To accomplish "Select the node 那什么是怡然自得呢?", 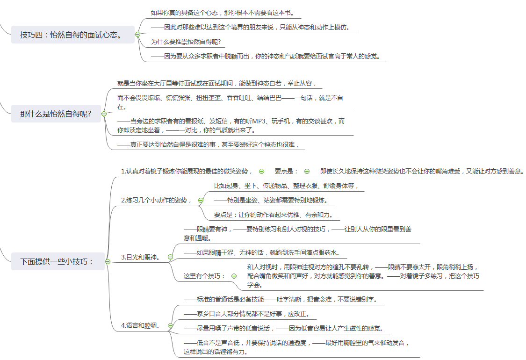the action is (x=56, y=114).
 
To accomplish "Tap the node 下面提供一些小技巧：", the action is (x=58, y=261).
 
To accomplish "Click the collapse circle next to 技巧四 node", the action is (x=137, y=34).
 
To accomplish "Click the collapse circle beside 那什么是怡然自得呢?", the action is (x=104, y=114).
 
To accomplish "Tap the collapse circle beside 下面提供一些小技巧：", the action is (x=108, y=261).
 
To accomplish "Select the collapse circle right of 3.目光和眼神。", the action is (x=170, y=257).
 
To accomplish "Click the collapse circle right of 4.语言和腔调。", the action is (x=170, y=325).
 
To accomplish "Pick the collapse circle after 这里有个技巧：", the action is (x=234, y=276).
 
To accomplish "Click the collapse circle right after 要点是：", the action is (x=307, y=171).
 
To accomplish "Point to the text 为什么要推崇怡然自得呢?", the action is (x=186, y=42).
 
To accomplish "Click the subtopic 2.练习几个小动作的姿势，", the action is (x=157, y=200).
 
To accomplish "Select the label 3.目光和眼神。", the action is (x=141, y=257).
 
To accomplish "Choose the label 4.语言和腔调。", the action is (x=141, y=325).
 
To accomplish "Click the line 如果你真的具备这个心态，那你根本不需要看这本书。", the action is (x=223, y=13).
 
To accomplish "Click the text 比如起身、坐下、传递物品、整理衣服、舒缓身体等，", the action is (x=287, y=186).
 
